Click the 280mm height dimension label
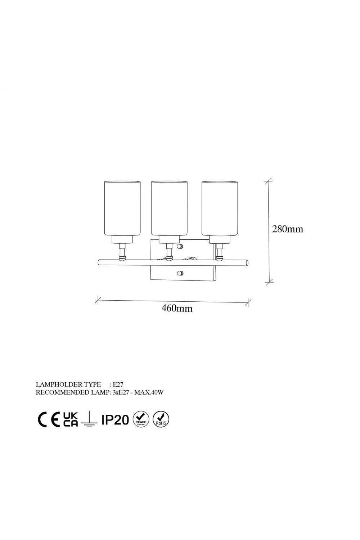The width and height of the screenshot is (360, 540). [x=287, y=229]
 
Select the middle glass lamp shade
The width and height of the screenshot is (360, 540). [x=169, y=208]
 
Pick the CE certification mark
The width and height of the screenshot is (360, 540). [x=49, y=420]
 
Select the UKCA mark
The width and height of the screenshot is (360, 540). [x=71, y=420]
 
